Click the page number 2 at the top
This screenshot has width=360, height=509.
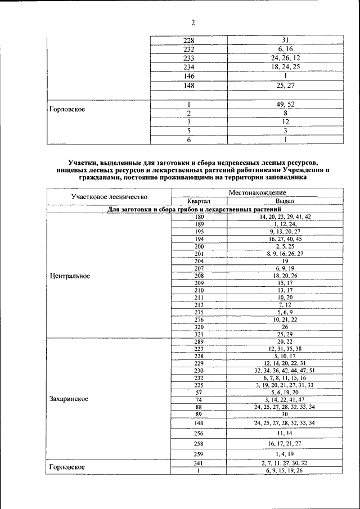[x=192, y=23]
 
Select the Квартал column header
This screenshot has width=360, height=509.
[x=199, y=201]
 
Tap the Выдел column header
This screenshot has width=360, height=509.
[x=285, y=201]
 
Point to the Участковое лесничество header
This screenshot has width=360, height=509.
[x=109, y=197]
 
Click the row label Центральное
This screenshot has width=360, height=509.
[x=70, y=276]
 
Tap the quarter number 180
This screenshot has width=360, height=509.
[x=199, y=217]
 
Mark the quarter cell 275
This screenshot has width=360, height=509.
[x=199, y=312]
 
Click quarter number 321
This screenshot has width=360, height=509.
[x=199, y=334]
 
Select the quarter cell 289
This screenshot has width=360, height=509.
[x=199, y=341]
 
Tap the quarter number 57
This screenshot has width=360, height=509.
[x=199, y=393]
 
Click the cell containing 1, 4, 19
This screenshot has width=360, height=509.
[x=285, y=454]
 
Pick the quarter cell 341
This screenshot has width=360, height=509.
[x=199, y=463]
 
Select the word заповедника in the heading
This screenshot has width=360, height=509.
[x=283, y=177]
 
